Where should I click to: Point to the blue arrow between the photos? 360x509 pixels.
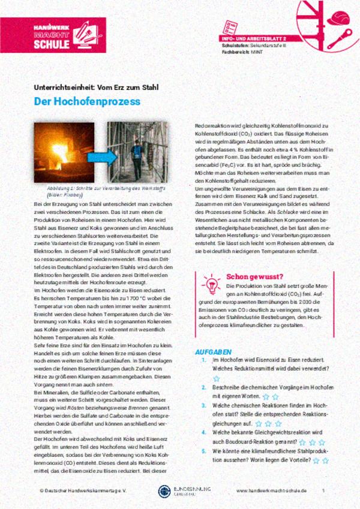100,155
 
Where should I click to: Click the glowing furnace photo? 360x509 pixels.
64,152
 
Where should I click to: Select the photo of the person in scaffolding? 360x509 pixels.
137,152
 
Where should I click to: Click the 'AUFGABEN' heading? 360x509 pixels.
214,351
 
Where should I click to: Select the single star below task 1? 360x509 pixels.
217,378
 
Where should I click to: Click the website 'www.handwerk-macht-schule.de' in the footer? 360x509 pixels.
271,490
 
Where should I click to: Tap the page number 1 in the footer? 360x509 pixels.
323,490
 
